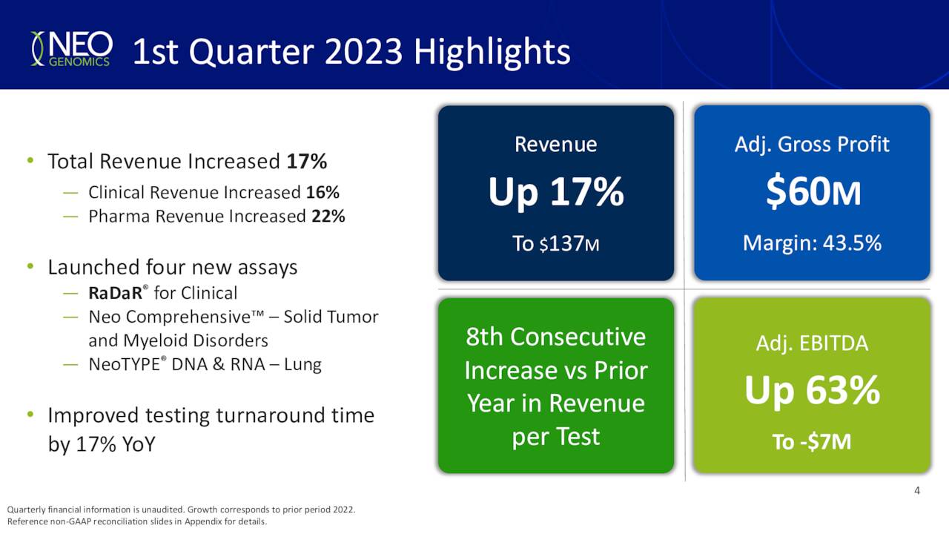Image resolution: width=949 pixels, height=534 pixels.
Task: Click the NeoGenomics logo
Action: point(70,50)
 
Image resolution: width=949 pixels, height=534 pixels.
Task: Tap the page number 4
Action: point(917,491)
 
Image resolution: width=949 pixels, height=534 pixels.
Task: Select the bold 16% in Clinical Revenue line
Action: point(323,193)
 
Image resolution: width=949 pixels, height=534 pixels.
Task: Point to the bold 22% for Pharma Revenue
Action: point(328,217)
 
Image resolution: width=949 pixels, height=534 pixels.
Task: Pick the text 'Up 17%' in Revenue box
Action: point(555,193)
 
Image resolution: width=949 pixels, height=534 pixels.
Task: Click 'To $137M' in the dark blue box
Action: point(555,243)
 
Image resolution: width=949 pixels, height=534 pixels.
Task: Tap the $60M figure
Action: point(813,193)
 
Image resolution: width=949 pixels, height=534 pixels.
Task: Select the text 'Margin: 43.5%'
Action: point(812,243)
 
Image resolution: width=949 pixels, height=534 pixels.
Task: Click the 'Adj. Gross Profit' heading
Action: point(812,144)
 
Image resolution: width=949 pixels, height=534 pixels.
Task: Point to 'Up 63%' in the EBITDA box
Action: point(812,391)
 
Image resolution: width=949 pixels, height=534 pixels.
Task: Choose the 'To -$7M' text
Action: point(812,442)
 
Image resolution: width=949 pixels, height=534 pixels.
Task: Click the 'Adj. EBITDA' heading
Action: point(812,343)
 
